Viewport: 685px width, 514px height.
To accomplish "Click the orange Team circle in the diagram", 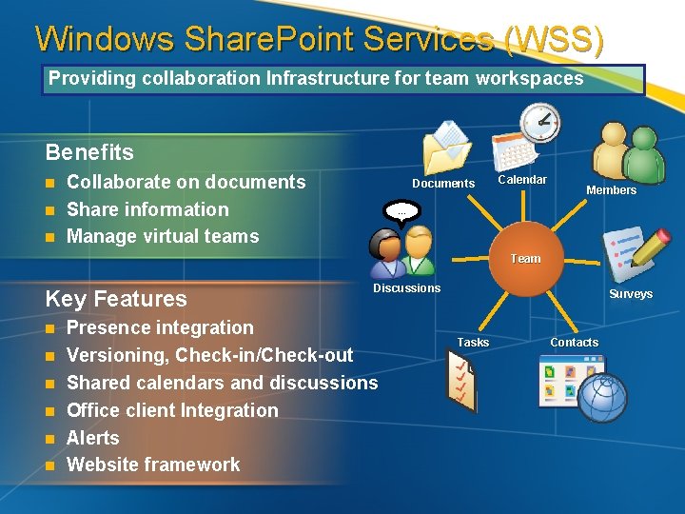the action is click(525, 258).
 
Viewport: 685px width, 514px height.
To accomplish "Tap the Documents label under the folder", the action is click(443, 184).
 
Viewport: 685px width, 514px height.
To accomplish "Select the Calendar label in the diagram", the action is click(523, 180).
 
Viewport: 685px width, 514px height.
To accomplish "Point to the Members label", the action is click(611, 190).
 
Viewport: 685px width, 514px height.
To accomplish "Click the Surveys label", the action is click(631, 294).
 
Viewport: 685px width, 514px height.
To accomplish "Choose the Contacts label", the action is click(575, 343).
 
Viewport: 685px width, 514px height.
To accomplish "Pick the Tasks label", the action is click(473, 343).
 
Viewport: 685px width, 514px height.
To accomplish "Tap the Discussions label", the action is click(406, 288).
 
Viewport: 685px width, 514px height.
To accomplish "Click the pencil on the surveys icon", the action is click(649, 247).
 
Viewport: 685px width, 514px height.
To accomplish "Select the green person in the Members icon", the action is click(645, 154).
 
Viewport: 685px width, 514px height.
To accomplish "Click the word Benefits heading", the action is click(89, 152).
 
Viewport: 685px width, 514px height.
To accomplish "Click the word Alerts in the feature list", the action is click(93, 438).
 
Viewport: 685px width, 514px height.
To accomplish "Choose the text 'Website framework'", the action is click(153, 465).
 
